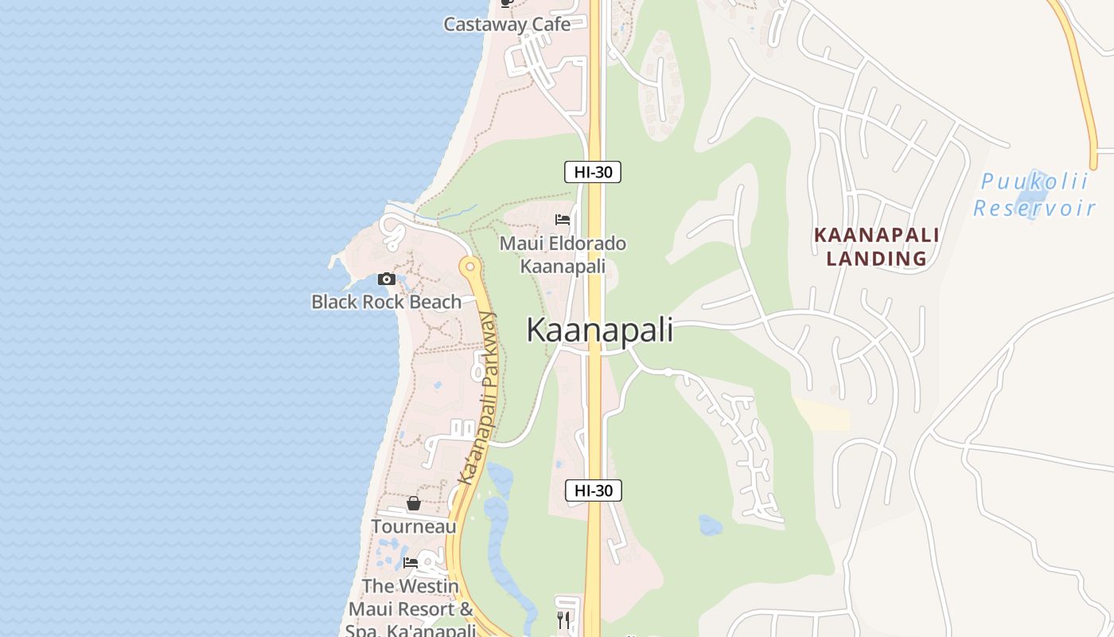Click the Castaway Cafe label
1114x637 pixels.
pos(507,24)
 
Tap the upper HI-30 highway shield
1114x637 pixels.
pos(593,172)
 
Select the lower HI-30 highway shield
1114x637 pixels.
pos(594,490)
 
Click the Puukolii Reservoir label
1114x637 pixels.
pos(1034,195)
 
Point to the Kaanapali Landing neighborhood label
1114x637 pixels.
pos(876,247)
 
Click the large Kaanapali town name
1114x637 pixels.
pos(599,330)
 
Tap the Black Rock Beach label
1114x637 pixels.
pos(386,302)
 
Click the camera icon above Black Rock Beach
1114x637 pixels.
pos(387,279)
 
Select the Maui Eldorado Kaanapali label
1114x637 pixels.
pos(563,254)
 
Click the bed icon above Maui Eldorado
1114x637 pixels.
pos(563,219)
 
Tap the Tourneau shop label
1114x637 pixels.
pos(414,526)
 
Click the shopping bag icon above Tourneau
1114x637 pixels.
pos(414,503)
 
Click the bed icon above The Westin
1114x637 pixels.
pos(411,562)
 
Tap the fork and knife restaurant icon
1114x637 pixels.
pos(563,619)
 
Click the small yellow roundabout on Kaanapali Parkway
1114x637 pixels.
pos(469,266)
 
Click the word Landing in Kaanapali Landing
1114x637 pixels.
pos(876,259)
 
